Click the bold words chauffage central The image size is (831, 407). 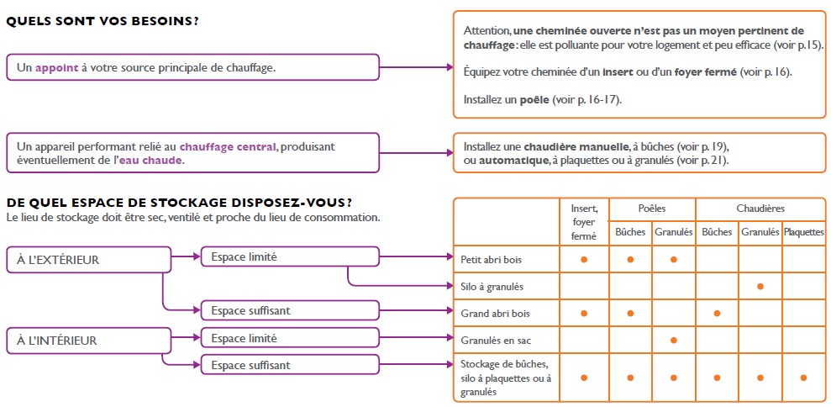[228, 146]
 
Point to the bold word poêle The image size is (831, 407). [534, 100]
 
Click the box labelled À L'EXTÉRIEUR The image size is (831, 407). [88, 260]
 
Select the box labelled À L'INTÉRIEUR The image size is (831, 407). [88, 341]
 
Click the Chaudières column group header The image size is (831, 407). [760, 209]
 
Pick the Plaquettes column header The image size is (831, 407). [803, 232]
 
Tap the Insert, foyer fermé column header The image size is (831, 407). [583, 223]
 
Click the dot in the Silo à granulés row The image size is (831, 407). [760, 287]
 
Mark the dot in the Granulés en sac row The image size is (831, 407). [673, 340]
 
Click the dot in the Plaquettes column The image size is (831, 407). [803, 378]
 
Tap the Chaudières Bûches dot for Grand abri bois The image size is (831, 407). [717, 314]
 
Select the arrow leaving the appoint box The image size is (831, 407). [417, 67]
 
